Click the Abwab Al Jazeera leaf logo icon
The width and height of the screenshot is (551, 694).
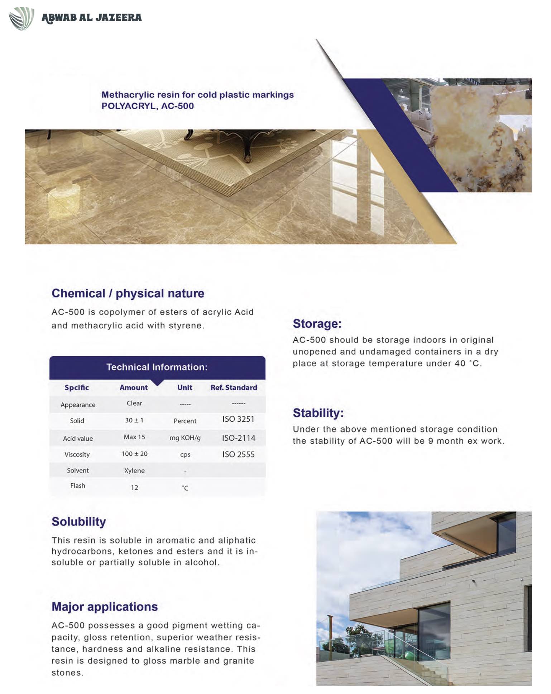[x=21, y=18]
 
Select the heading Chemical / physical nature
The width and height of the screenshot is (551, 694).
[x=128, y=293]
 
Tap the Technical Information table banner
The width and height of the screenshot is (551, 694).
[x=157, y=367]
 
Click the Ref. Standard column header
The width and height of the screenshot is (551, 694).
[x=234, y=387]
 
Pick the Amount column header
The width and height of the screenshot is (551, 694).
[x=134, y=387]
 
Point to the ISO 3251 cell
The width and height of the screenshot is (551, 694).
[x=238, y=419]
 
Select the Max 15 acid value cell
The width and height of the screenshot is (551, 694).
[x=134, y=437]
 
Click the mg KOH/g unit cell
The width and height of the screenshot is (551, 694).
[x=185, y=438]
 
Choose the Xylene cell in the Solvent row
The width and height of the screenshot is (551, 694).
[x=134, y=471]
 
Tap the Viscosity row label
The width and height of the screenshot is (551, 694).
[x=77, y=454]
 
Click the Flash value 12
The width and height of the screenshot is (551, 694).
[x=134, y=487]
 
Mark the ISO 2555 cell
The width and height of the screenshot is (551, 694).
[x=238, y=454]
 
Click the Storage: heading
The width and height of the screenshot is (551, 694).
[x=317, y=324]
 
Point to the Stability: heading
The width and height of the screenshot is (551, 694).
[x=318, y=413]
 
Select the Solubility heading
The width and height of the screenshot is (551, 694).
[x=79, y=522]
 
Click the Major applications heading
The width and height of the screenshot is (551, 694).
[x=105, y=607]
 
